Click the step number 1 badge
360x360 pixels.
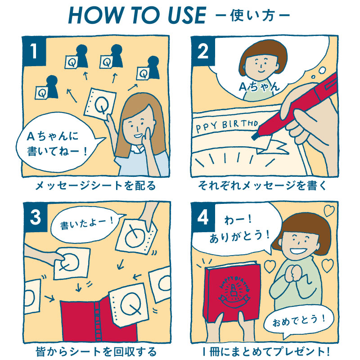click(x=34, y=51)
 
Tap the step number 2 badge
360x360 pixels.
click(x=203, y=51)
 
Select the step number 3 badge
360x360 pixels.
click(x=36, y=217)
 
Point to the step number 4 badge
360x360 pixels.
click(x=203, y=217)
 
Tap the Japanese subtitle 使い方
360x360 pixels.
click(x=252, y=16)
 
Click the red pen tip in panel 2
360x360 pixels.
click(x=254, y=137)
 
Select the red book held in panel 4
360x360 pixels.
click(x=232, y=292)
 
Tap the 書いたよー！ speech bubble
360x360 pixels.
click(x=85, y=224)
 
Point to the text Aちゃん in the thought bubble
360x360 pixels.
click(x=260, y=87)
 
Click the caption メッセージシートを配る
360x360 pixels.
click(x=95, y=185)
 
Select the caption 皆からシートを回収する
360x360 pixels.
click(x=96, y=351)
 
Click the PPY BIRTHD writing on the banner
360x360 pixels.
click(x=227, y=126)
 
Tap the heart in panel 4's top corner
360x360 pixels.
click(x=329, y=211)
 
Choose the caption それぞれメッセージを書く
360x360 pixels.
click(x=262, y=185)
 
